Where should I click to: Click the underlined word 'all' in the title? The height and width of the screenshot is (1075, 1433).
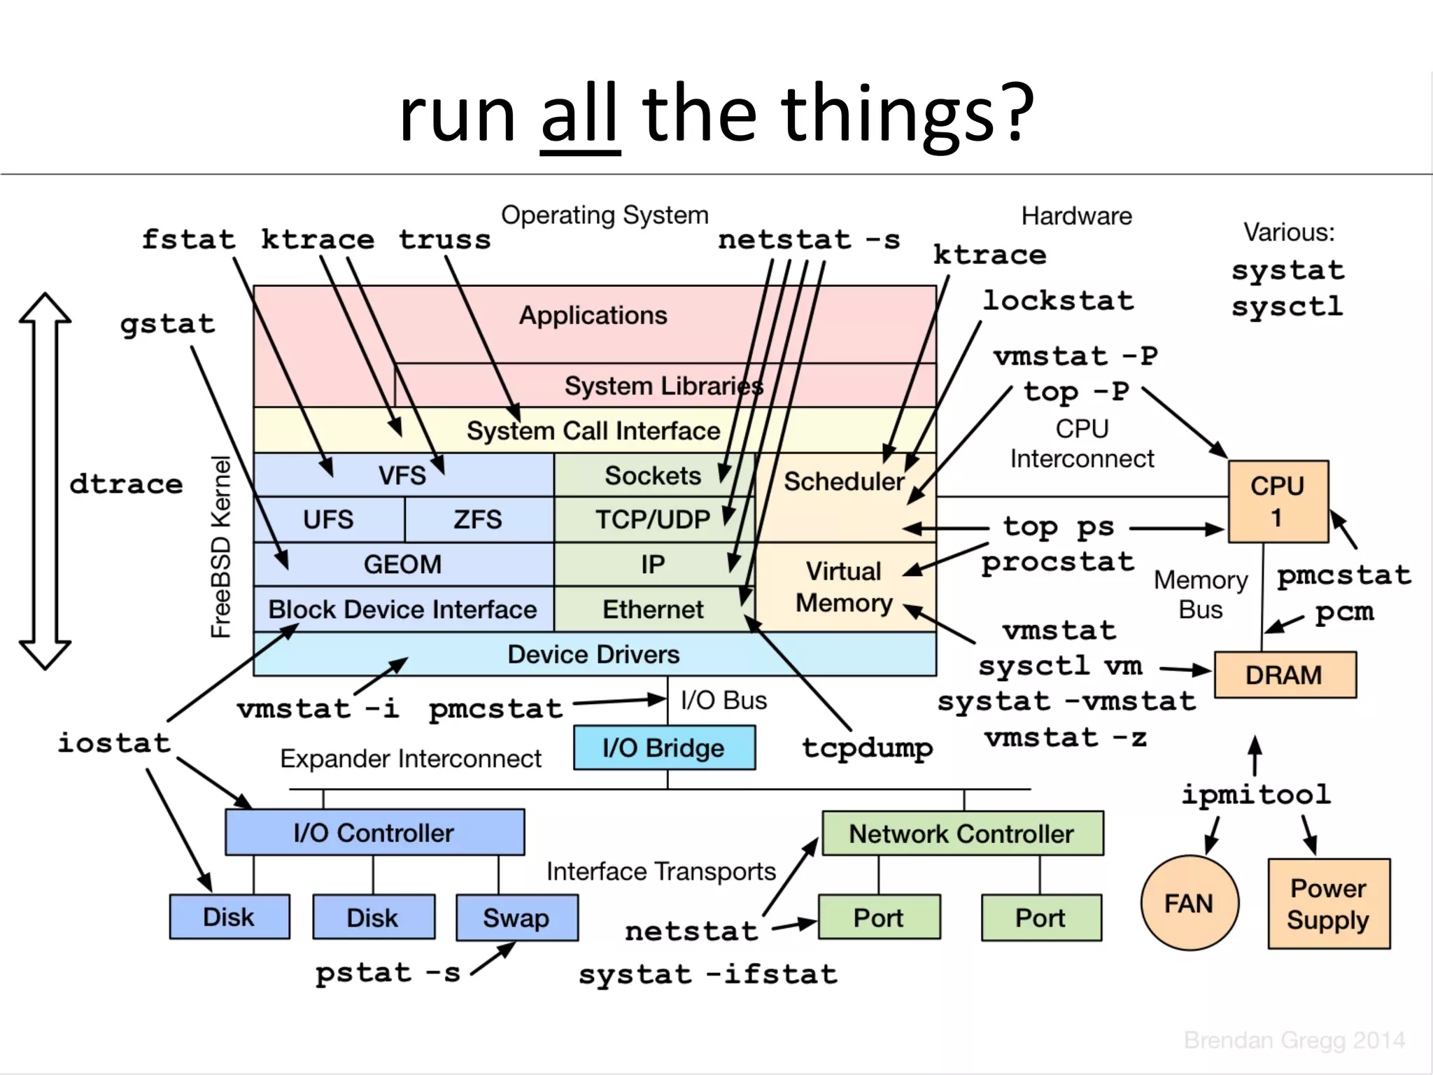[580, 113]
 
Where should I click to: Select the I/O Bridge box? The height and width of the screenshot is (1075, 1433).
[663, 748]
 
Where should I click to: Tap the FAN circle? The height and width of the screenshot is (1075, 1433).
[1189, 903]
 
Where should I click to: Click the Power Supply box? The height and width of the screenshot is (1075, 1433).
[1328, 904]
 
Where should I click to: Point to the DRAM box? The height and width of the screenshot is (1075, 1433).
[1284, 675]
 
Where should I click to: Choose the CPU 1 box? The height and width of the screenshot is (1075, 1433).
[1278, 501]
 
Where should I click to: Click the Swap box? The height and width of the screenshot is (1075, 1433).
[516, 918]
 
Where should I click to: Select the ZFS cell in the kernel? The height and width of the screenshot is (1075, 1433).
[478, 519]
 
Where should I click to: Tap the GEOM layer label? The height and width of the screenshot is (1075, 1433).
[402, 564]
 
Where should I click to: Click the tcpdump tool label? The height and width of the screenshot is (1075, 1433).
[867, 747]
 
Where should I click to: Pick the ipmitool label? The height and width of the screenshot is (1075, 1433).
[1256, 794]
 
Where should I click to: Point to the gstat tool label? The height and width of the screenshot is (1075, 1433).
[167, 324]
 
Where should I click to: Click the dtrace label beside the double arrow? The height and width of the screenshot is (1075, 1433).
[126, 484]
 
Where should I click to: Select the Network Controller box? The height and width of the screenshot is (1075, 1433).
[962, 834]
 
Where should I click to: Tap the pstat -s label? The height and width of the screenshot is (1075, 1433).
[388, 973]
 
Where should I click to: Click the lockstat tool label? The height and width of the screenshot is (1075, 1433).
[1058, 301]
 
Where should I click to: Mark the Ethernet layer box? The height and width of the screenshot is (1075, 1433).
[652, 610]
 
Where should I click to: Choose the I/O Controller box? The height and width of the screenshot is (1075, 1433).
[374, 833]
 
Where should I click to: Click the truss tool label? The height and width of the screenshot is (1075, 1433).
[445, 240]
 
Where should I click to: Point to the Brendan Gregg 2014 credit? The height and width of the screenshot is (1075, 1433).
[1294, 1041]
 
